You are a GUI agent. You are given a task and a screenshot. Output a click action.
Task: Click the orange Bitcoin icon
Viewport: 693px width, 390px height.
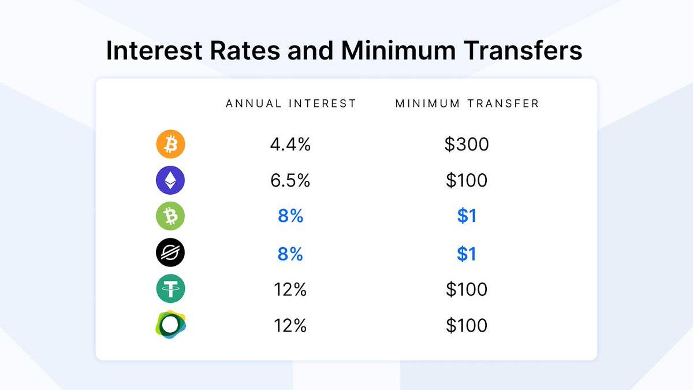click(170, 144)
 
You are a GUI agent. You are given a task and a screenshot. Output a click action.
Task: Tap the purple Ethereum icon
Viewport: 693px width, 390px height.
click(170, 180)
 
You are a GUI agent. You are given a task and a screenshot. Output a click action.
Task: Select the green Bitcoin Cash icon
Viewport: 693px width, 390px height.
click(170, 216)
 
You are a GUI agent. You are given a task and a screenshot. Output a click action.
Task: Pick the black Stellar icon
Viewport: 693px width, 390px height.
click(170, 252)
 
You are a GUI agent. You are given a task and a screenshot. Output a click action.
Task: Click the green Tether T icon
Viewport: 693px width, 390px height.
click(170, 288)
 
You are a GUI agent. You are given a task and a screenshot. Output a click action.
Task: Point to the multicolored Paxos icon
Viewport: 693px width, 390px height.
click(170, 325)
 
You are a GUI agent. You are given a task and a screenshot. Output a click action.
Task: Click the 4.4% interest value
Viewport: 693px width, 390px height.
click(290, 144)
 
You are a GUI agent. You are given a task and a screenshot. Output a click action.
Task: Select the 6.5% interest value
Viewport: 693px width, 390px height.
click(290, 180)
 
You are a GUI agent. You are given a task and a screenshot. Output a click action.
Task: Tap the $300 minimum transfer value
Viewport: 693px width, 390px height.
click(467, 144)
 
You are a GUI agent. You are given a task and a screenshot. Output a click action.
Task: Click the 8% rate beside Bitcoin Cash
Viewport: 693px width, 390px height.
click(290, 216)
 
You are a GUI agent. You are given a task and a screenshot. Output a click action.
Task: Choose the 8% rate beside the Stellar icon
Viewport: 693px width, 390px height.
click(290, 254)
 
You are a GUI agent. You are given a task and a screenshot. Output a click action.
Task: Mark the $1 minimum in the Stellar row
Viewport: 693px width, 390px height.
click(467, 254)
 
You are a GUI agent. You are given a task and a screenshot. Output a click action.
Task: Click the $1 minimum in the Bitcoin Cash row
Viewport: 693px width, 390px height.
click(467, 216)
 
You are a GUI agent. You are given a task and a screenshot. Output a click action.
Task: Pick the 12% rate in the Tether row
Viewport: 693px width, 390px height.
click(290, 289)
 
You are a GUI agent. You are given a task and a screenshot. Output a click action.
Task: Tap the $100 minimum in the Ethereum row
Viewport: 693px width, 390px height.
click(467, 180)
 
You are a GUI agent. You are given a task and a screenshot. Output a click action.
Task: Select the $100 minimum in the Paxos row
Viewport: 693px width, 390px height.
click(467, 325)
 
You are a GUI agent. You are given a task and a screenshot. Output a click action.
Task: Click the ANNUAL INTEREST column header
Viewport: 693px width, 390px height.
click(291, 103)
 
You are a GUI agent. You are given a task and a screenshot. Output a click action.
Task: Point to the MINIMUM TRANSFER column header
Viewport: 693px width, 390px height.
click(467, 103)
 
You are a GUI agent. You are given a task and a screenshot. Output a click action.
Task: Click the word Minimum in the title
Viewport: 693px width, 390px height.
click(398, 50)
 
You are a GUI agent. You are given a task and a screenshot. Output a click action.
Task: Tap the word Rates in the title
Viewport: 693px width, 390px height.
click(245, 50)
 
